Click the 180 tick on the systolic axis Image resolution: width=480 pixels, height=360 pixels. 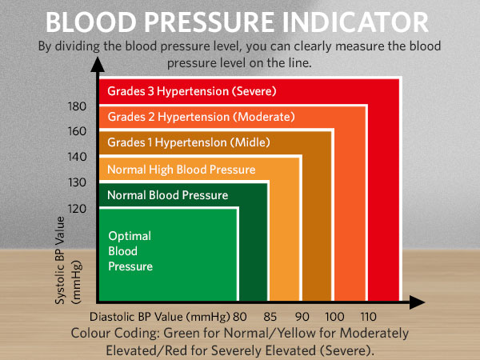click(x=76, y=106)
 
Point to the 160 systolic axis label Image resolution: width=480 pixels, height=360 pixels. click(x=76, y=131)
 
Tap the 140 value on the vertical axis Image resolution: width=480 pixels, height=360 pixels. click(x=76, y=157)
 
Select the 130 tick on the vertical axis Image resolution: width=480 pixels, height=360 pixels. click(x=76, y=182)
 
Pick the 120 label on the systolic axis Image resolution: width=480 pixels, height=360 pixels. click(x=76, y=208)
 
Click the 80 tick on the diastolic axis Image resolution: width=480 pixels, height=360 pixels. click(x=240, y=315)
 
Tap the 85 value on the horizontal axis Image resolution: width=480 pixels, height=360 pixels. click(x=270, y=315)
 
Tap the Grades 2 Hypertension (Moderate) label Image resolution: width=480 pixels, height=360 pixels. click(x=201, y=118)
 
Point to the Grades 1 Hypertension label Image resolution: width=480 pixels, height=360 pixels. click(x=188, y=143)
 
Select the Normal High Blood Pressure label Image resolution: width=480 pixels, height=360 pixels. click(x=181, y=170)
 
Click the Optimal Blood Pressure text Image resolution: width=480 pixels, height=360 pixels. click(x=130, y=251)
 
